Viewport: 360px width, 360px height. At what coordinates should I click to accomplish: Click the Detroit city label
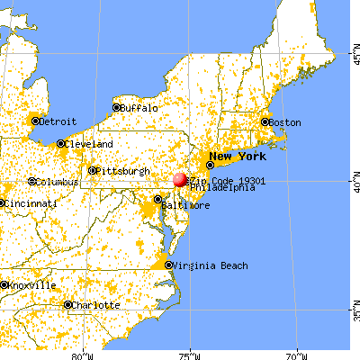56,121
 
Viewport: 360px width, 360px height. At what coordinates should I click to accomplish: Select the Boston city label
285,122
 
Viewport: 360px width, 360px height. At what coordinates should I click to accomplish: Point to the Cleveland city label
89,144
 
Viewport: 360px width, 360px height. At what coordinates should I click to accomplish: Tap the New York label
238,155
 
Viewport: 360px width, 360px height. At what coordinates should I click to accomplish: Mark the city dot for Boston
265,121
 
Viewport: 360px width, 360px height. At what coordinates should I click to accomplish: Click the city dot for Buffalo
116,107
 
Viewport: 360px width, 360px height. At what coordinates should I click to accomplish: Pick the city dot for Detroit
35,121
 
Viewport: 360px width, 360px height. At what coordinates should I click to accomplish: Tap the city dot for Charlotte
67,305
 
